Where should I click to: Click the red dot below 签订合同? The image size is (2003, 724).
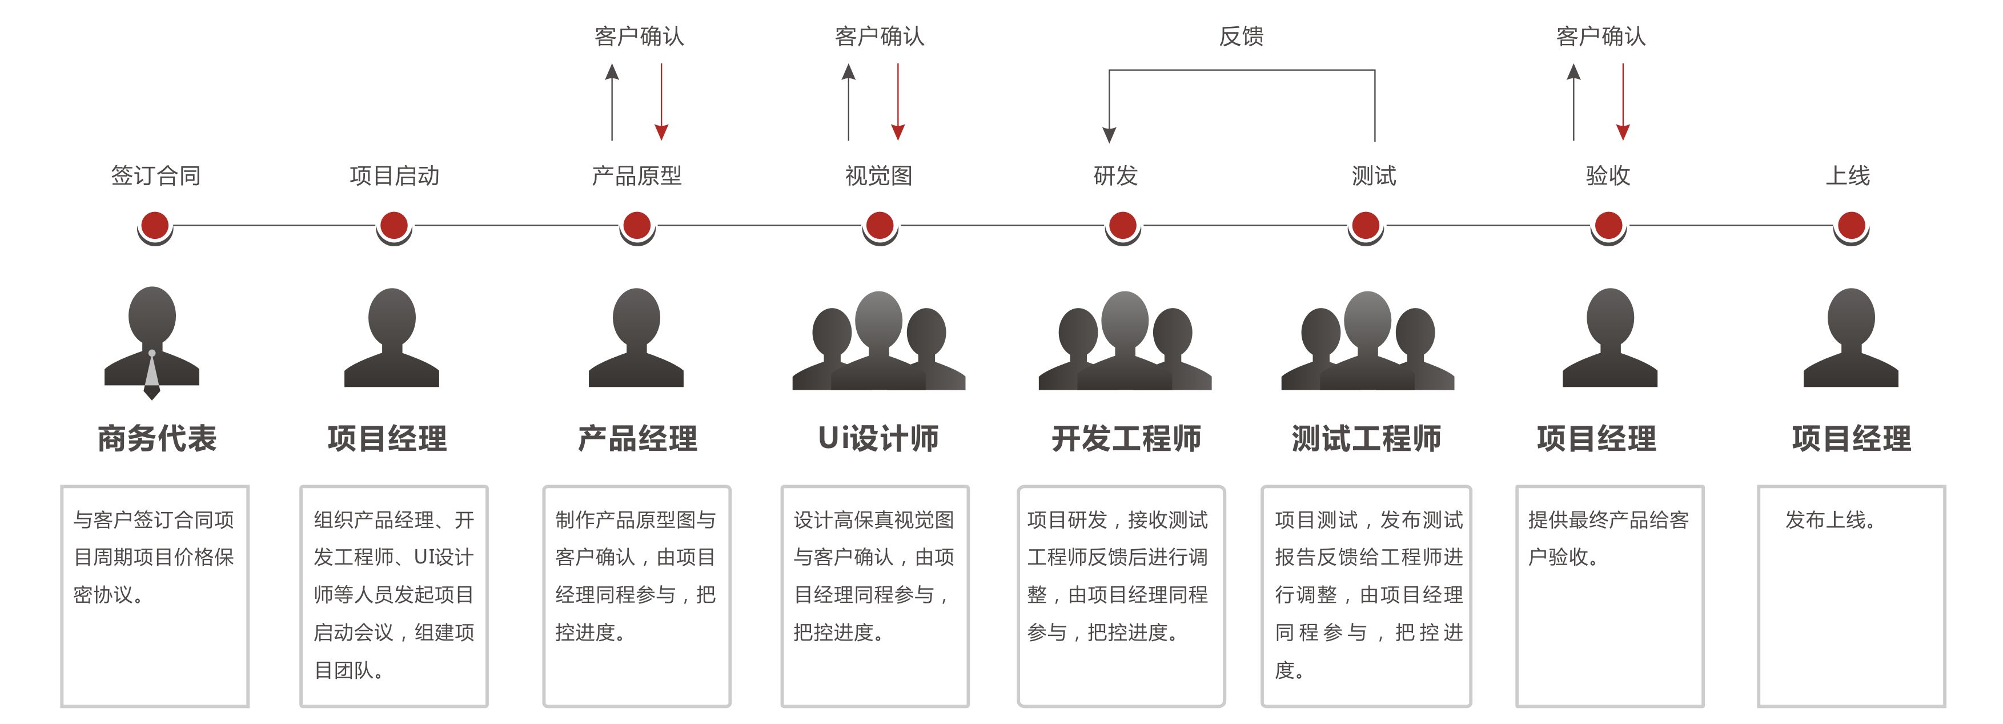click(x=155, y=226)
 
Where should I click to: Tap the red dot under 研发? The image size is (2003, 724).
click(x=1122, y=226)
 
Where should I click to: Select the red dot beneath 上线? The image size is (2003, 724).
click(x=1851, y=226)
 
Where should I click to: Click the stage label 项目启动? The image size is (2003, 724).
click(x=394, y=176)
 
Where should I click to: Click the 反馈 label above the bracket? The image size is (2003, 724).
click(x=1241, y=37)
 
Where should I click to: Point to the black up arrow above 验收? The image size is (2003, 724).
click(x=1574, y=101)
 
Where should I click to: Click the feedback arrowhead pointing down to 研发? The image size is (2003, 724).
click(x=1110, y=134)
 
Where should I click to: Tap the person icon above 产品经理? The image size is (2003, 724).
click(x=636, y=338)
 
